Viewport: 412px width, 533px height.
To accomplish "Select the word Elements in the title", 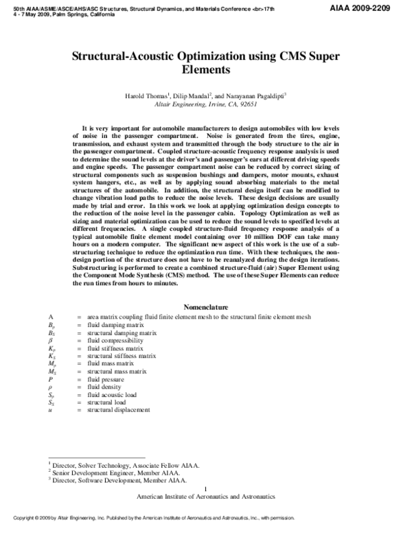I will [206, 69].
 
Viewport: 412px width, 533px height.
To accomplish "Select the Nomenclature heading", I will [206, 306].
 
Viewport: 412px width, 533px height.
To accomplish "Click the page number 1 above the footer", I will [206, 488].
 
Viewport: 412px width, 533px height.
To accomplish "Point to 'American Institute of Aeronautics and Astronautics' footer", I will [206, 496].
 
